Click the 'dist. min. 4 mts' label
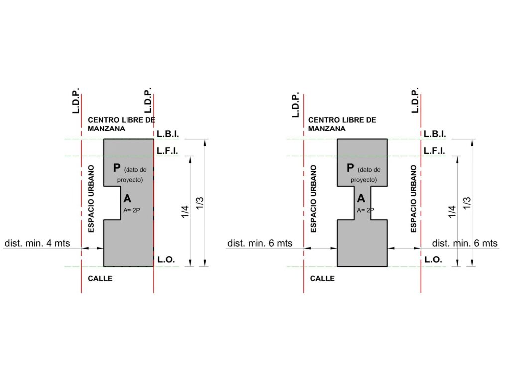click(x=37, y=243)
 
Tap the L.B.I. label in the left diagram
click(x=168, y=134)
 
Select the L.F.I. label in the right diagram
click(x=434, y=151)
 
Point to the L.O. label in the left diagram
click(x=166, y=259)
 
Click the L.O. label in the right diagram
click(x=433, y=259)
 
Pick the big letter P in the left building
click(x=117, y=168)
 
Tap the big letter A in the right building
click(x=361, y=198)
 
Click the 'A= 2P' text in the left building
click(x=131, y=210)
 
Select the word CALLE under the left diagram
click(x=100, y=279)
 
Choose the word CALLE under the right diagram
click(x=322, y=279)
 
